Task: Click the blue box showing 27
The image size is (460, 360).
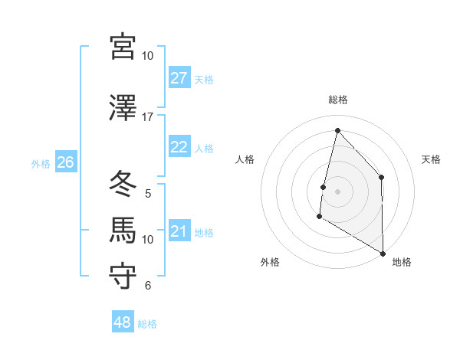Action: (x=179, y=78)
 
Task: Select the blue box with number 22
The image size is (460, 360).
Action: (x=179, y=147)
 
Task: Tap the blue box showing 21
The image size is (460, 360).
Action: (x=179, y=232)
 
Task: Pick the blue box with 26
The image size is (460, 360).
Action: (x=66, y=162)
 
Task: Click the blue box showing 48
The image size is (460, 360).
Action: (x=123, y=322)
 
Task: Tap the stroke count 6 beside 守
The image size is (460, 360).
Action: (x=148, y=286)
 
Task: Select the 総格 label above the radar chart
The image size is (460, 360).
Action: (x=337, y=100)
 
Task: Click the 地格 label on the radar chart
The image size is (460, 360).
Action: (x=402, y=262)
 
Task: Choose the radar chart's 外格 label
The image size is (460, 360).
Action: (x=270, y=262)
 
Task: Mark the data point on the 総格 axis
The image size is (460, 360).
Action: (x=337, y=129)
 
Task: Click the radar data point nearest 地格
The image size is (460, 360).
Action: (x=382, y=253)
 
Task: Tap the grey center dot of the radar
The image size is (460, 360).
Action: (x=337, y=191)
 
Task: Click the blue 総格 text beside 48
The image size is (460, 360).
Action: (x=147, y=324)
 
